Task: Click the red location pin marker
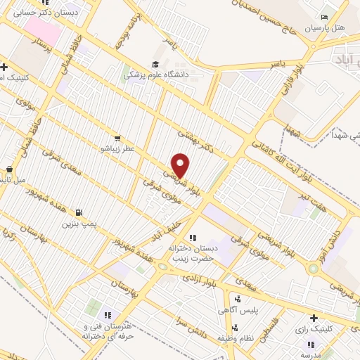(181, 166)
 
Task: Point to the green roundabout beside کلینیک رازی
(313, 269)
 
